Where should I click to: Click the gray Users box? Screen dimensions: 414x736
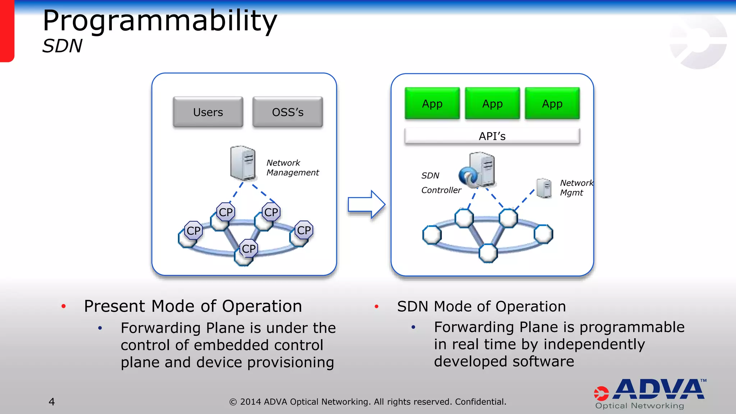pyautogui.click(x=208, y=112)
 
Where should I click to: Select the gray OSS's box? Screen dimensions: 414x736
pyautogui.click(x=287, y=112)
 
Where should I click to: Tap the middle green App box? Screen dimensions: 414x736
pyautogui.click(x=492, y=103)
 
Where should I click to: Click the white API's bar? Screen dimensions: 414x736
pyautogui.click(x=492, y=136)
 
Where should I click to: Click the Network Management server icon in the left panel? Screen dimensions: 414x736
pyautogui.click(x=243, y=163)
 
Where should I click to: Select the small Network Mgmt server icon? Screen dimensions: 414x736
pyautogui.click(x=544, y=188)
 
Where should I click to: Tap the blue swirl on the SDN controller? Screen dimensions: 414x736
pyautogui.click(x=468, y=176)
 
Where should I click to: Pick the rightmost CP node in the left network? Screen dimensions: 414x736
pyautogui.click(x=304, y=230)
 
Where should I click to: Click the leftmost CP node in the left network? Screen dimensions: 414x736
pyautogui.click(x=193, y=231)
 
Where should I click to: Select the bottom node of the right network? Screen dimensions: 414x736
pyautogui.click(x=488, y=253)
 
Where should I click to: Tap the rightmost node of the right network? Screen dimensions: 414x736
pyautogui.click(x=543, y=234)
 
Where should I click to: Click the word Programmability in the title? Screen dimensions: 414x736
pyautogui.click(x=160, y=21)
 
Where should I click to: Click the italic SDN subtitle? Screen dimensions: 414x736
pyautogui.click(x=62, y=46)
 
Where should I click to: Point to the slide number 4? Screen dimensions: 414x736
pyautogui.click(x=52, y=401)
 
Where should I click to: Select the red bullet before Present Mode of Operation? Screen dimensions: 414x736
pyautogui.click(x=64, y=306)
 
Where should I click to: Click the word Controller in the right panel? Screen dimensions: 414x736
pyautogui.click(x=441, y=190)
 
